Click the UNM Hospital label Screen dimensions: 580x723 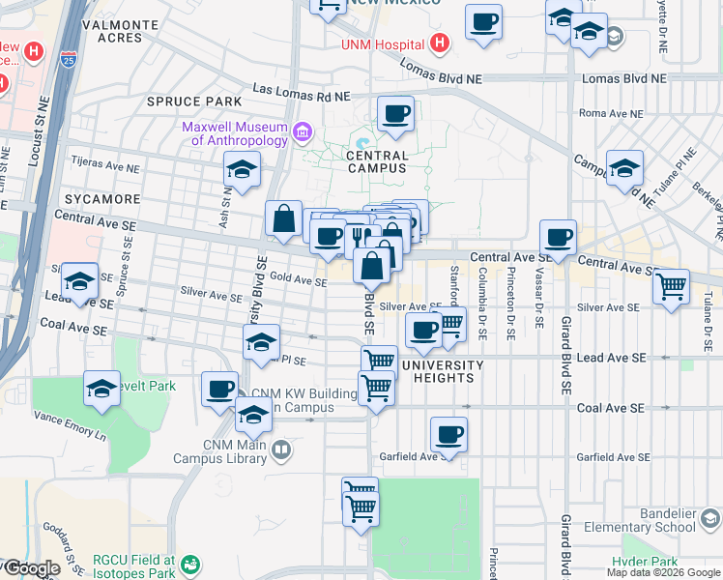coord(384,44)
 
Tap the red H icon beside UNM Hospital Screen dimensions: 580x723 coord(440,43)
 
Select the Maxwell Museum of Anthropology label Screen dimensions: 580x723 coord(234,133)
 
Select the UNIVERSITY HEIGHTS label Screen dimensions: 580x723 coord(442,371)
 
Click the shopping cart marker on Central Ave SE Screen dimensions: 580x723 coord(671,286)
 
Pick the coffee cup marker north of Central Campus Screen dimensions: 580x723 coord(395,115)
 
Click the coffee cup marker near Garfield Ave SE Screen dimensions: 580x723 coord(448,435)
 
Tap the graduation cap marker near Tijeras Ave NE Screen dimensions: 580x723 coord(241,170)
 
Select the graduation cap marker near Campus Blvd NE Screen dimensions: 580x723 coord(624,168)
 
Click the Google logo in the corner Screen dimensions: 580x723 coord(31,569)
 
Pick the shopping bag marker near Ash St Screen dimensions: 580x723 coord(283,219)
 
